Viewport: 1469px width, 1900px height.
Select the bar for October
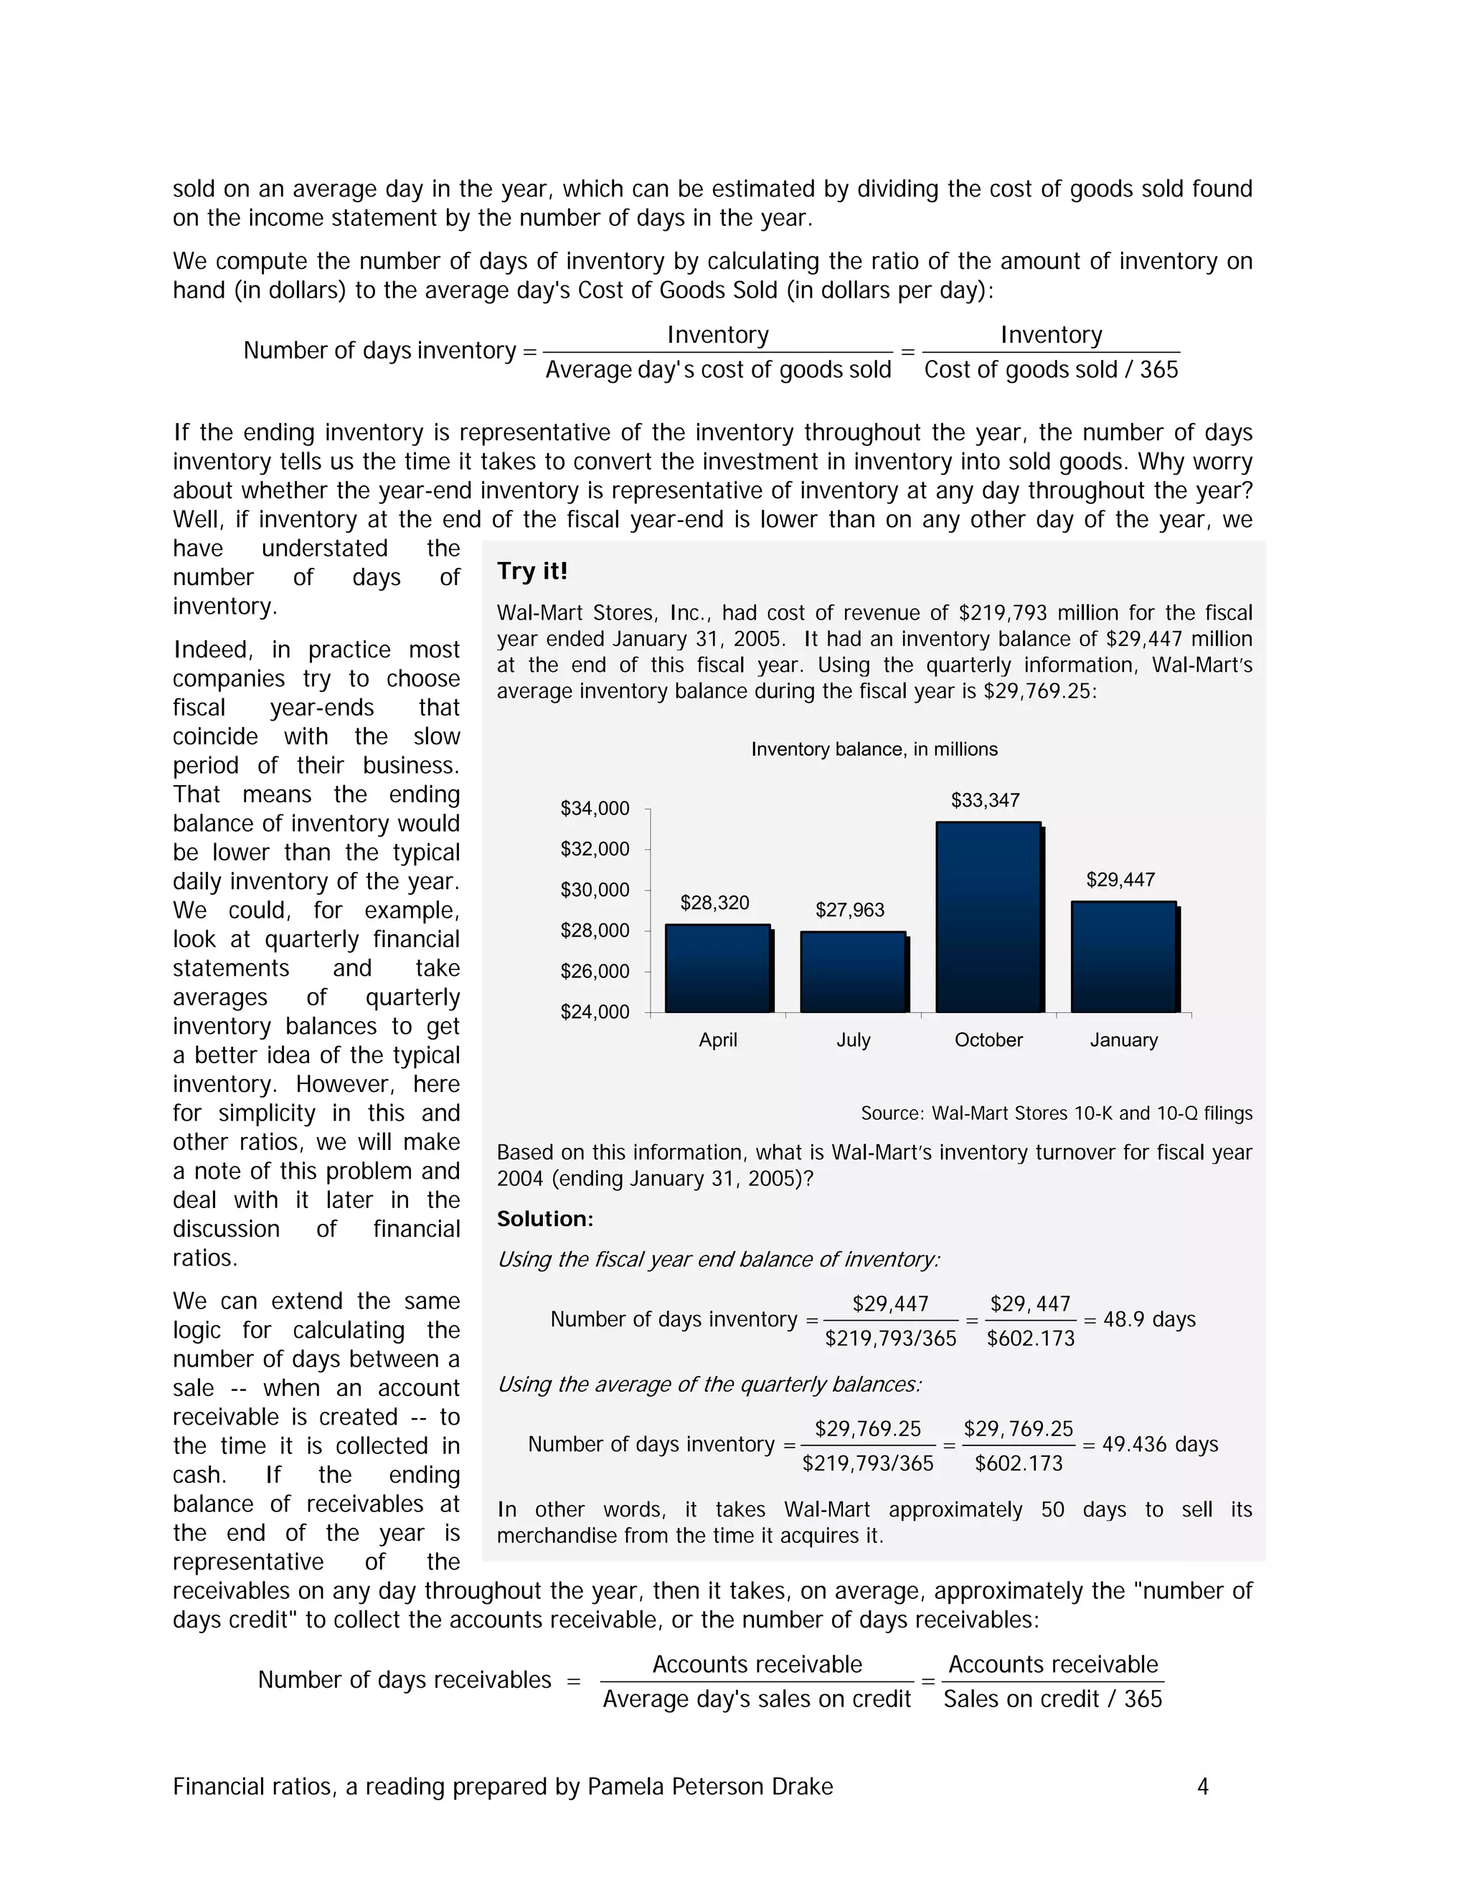point(988,917)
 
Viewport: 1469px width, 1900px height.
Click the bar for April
point(718,968)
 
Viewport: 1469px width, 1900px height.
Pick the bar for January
point(1123,957)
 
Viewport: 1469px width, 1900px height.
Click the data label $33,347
point(985,800)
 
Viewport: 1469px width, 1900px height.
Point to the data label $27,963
point(849,910)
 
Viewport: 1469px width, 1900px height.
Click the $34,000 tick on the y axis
point(595,808)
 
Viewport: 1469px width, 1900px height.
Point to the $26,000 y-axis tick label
point(595,971)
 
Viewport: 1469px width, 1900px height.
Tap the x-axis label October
point(988,1040)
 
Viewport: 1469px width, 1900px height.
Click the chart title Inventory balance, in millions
point(874,749)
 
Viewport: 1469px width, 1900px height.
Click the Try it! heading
point(532,571)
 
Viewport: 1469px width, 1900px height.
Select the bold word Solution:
point(545,1219)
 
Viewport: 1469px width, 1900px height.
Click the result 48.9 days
point(1149,1320)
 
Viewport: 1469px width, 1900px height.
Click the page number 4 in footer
point(1203,1787)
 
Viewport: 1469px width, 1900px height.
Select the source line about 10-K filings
point(1057,1113)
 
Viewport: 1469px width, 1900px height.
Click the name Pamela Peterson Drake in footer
point(710,1787)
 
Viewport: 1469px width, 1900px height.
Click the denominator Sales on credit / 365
point(1052,1699)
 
